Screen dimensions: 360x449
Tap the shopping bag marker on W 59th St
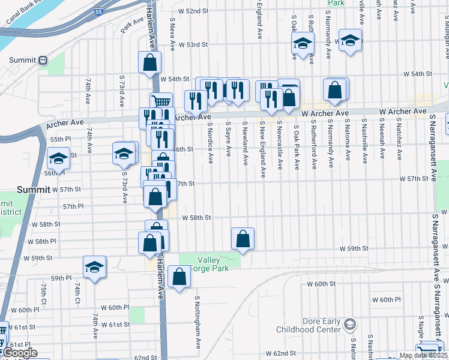pos(243,239)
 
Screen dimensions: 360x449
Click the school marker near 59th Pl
pos(94,267)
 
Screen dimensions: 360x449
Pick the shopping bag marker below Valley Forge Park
pos(179,277)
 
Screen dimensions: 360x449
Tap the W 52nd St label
pos(193,11)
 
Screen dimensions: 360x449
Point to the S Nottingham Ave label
pos(197,322)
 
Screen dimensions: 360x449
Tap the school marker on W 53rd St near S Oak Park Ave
pos(303,43)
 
